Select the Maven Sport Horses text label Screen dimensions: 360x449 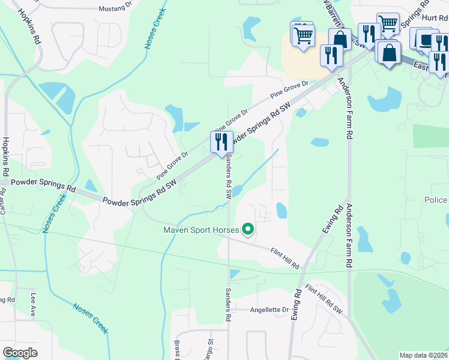[200, 229]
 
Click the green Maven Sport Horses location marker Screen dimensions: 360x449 [247, 229]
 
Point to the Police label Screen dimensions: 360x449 [435, 200]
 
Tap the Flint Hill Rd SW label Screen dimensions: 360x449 [324, 299]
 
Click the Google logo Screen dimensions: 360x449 [20, 353]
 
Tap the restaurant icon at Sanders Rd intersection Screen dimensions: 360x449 [221, 143]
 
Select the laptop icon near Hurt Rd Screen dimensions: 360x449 [424, 40]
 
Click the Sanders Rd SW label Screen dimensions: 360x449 [229, 180]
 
